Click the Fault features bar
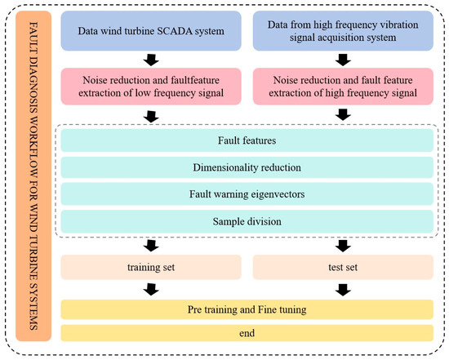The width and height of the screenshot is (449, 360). coord(247,140)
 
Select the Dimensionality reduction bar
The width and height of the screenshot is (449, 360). coord(247,167)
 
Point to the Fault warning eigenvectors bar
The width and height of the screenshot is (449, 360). coord(247,194)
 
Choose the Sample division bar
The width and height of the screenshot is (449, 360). coord(247,221)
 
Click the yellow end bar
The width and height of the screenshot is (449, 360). coord(247,333)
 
